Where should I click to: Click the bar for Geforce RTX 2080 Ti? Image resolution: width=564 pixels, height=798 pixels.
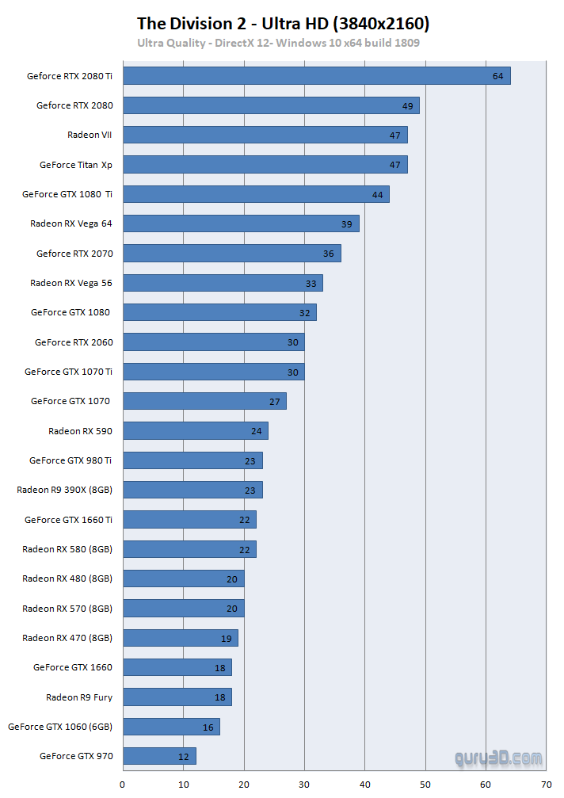[x=317, y=76]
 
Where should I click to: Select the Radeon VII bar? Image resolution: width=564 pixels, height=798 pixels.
[x=265, y=135]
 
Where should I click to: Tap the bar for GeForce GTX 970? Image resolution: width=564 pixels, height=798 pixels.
[x=159, y=756]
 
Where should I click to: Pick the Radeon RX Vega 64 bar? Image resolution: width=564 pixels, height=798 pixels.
[x=242, y=223]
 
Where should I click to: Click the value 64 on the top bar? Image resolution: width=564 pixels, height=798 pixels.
[x=497, y=77]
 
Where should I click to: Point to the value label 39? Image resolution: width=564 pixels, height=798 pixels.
[x=347, y=224]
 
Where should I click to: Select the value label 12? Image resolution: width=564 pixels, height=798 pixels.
[x=184, y=757]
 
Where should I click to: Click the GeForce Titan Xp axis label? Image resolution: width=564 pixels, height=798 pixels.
[x=76, y=165]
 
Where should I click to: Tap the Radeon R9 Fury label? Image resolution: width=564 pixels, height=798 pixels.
[x=79, y=697]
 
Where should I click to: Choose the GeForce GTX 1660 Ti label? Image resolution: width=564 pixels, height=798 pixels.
[x=68, y=520]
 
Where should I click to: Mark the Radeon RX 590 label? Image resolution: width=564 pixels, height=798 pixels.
[x=80, y=431]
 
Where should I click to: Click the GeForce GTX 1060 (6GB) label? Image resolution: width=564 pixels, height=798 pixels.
[x=60, y=727]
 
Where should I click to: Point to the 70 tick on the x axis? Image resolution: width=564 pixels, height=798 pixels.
[x=546, y=785]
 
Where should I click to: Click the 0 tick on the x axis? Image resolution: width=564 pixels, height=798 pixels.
[x=123, y=785]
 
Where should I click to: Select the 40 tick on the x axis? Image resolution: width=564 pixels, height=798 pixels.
[x=364, y=785]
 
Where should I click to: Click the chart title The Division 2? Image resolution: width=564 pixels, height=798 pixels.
[x=283, y=24]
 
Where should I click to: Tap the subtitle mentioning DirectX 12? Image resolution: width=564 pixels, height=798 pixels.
[x=278, y=43]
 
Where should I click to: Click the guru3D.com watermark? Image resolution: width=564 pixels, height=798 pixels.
[x=499, y=758]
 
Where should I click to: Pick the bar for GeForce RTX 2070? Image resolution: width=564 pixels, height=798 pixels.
[x=232, y=254]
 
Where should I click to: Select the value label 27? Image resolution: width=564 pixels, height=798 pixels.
[x=275, y=402]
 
